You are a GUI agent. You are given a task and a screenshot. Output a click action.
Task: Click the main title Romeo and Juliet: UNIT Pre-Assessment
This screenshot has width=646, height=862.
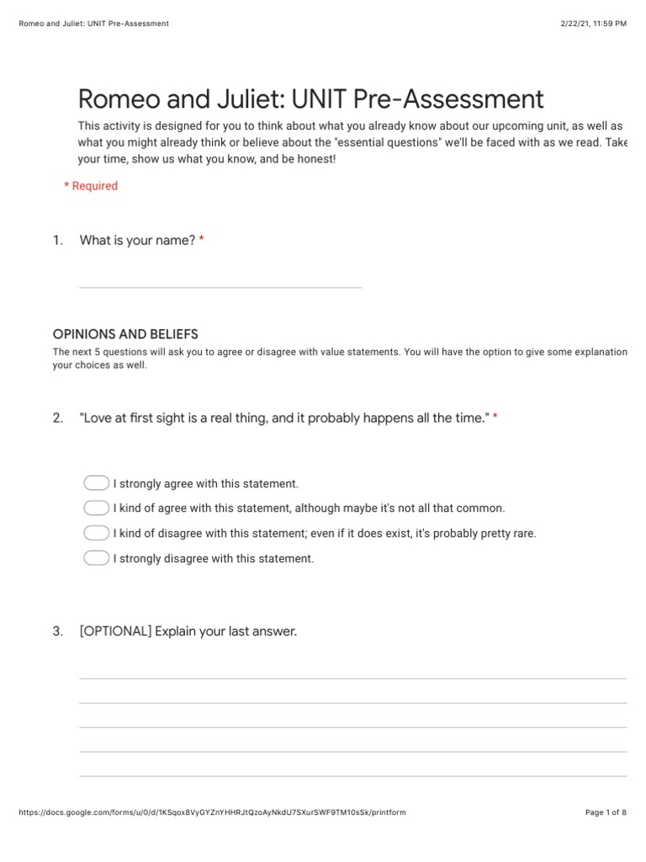[x=310, y=99]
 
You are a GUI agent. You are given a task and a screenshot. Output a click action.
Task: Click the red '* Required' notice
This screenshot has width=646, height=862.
[x=91, y=186]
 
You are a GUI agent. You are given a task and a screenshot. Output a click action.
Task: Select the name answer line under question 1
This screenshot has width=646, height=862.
[x=220, y=286]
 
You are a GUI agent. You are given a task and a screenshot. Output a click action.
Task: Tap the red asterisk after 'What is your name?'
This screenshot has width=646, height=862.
[x=202, y=241]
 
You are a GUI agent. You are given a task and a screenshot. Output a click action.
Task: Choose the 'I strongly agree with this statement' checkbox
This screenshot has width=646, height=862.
[x=97, y=483]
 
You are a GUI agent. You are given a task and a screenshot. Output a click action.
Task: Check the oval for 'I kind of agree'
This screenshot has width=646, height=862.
[x=97, y=508]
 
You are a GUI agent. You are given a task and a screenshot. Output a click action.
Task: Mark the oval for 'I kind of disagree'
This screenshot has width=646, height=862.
[x=97, y=533]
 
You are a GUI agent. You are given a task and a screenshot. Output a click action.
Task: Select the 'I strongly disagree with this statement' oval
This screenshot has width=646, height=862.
[x=97, y=558]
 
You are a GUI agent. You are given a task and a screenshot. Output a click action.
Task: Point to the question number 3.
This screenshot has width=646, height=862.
[x=57, y=631]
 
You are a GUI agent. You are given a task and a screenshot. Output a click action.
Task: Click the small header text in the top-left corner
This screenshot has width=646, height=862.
[x=93, y=24]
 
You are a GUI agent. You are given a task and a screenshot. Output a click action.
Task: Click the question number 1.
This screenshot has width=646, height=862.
[x=57, y=241]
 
